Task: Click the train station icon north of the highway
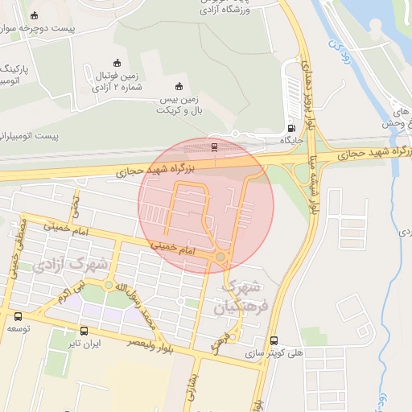click(x=213, y=146)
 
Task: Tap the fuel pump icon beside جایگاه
click(x=290, y=128)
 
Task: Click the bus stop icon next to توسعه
click(x=18, y=315)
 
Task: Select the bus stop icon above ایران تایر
click(x=84, y=331)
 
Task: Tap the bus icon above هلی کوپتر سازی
click(x=275, y=340)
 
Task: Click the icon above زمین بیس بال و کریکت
click(x=179, y=87)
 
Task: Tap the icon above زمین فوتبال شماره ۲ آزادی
click(x=117, y=64)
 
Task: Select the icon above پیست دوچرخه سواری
click(x=33, y=15)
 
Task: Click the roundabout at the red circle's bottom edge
click(x=220, y=257)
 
